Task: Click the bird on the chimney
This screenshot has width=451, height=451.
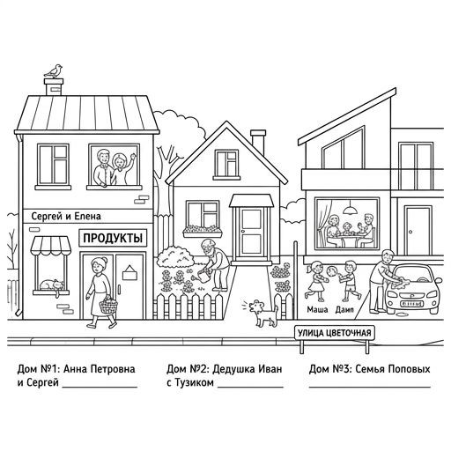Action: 54,71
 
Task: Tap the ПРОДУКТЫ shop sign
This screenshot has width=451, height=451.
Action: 113,238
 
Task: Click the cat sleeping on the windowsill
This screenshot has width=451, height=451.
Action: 52,285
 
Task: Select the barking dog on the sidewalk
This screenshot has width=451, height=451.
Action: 263,314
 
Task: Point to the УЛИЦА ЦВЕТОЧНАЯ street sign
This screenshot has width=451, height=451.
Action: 335,333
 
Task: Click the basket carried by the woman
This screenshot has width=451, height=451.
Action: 108,306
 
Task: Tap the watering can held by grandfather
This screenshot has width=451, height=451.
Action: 202,277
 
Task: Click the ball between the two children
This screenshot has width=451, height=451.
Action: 331,270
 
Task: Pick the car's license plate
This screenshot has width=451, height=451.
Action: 411,304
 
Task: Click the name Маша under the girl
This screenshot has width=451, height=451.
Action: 317,309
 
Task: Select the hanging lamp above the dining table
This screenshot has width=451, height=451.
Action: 350,208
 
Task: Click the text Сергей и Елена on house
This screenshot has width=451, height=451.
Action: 66,217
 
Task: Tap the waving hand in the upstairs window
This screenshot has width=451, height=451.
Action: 133,157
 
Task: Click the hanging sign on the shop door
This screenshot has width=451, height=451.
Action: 129,272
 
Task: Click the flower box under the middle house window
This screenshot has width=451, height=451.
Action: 203,232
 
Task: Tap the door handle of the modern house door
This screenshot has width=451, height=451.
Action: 410,232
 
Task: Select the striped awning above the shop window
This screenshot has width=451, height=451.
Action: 51,245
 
